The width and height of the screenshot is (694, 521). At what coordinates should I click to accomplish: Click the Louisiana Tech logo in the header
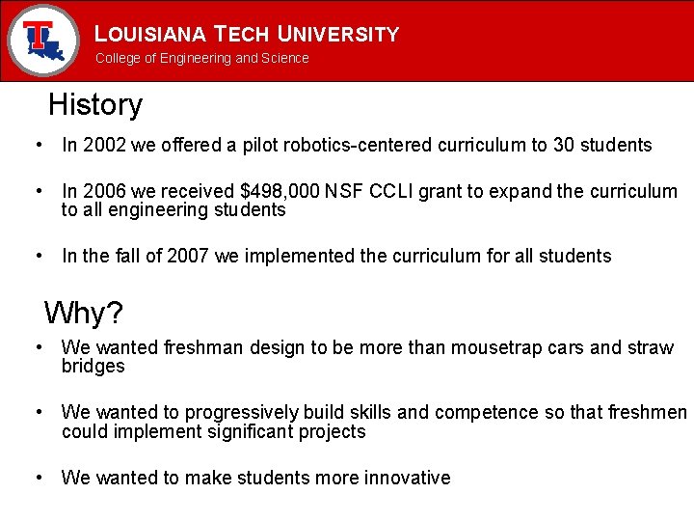click(41, 40)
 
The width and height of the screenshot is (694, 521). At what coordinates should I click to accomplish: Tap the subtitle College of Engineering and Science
click(201, 58)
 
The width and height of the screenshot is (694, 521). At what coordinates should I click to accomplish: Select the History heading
click(94, 104)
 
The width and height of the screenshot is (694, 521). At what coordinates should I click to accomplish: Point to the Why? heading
click(83, 313)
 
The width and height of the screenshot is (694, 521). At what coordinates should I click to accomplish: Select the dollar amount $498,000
click(288, 191)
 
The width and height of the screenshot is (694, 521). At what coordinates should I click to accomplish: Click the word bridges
click(93, 366)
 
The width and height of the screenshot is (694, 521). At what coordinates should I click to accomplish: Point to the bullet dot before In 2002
click(37, 146)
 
